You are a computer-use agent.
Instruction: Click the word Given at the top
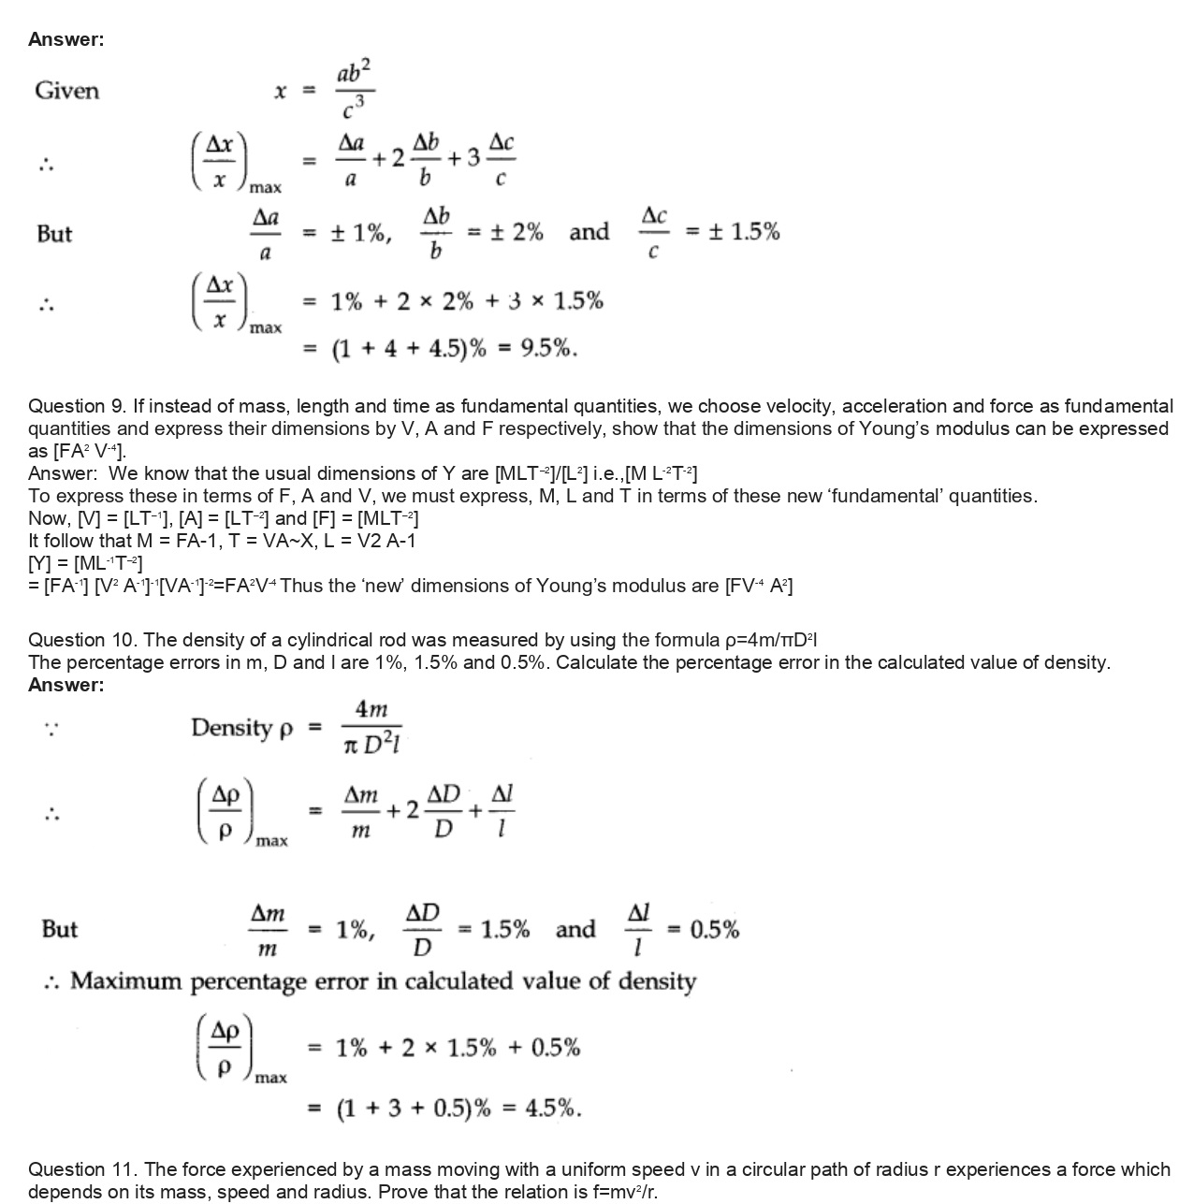pyautogui.click(x=66, y=91)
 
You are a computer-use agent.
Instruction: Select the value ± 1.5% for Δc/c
pyautogui.click(x=745, y=232)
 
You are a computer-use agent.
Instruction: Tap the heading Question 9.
pyautogui.click(x=77, y=406)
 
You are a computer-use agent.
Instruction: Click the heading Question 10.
pyautogui.click(x=81, y=640)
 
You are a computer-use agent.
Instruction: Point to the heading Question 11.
pyautogui.click(x=81, y=1169)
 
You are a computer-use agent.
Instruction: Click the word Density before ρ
pyautogui.click(x=231, y=727)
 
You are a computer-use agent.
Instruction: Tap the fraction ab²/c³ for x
pyautogui.click(x=355, y=91)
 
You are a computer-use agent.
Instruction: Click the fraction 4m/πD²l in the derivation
pyautogui.click(x=372, y=727)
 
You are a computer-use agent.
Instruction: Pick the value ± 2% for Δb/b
pyautogui.click(x=515, y=232)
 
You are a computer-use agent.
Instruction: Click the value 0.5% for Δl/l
pyautogui.click(x=715, y=930)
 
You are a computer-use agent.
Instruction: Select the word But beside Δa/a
pyautogui.click(x=54, y=233)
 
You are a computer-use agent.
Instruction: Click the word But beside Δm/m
pyautogui.click(x=60, y=930)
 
